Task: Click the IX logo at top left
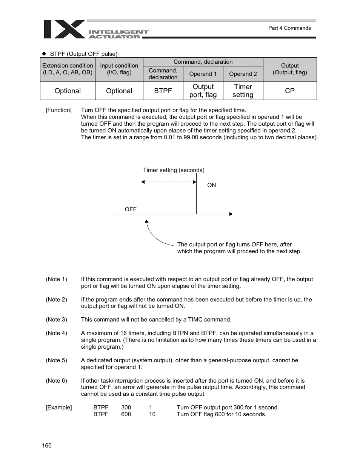click(x=64, y=29)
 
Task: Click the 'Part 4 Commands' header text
click(x=289, y=28)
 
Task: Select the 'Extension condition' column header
click(x=68, y=69)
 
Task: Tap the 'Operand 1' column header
click(x=203, y=74)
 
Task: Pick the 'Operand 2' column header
click(x=243, y=74)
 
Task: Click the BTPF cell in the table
click(x=163, y=91)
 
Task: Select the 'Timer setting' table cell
click(x=243, y=91)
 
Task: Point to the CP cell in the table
click(x=290, y=91)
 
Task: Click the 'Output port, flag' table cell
click(x=203, y=91)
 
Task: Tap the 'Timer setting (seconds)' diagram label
click(x=174, y=170)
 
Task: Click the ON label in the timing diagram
click(x=212, y=185)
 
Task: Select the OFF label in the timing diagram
click(x=131, y=209)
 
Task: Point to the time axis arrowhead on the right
click(x=231, y=214)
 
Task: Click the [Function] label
click(x=58, y=110)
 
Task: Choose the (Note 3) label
click(x=56, y=320)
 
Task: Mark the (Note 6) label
click(x=56, y=381)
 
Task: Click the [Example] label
click(x=58, y=408)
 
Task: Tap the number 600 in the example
click(x=126, y=414)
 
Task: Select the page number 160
click(x=47, y=446)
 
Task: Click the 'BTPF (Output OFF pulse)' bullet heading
click(x=83, y=54)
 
